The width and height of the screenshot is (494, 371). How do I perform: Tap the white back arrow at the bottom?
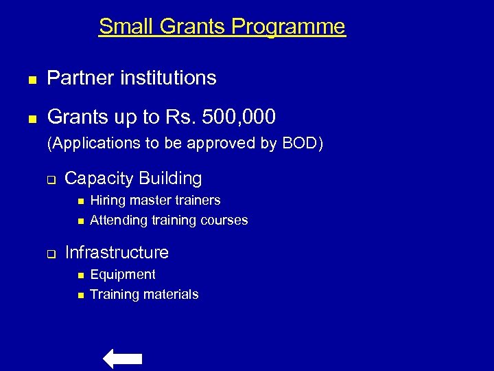(122, 359)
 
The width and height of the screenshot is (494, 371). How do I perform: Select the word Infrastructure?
(117, 253)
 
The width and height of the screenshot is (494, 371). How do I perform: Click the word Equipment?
(123, 275)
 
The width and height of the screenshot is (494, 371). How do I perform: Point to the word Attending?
(119, 221)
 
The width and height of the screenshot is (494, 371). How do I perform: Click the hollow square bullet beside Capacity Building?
(50, 180)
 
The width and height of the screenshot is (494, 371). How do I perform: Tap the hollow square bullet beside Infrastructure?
(50, 254)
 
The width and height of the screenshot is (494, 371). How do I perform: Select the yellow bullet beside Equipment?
(80, 276)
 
